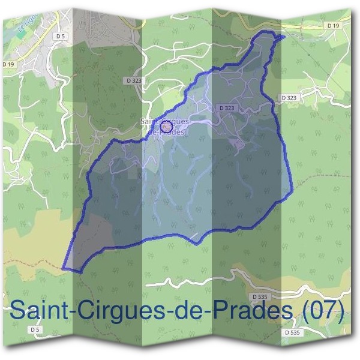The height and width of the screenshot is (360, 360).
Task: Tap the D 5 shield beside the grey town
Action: pos(59,36)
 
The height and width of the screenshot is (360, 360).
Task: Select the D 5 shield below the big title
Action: pos(35,329)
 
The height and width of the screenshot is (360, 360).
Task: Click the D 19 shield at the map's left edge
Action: pos(8,64)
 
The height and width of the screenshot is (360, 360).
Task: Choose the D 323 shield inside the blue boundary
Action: pos(227,108)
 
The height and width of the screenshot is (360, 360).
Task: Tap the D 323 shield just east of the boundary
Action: pos(289,97)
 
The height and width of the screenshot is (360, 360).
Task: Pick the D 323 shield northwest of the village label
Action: pos(134,80)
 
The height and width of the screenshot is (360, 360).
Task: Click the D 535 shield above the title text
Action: pos(260,296)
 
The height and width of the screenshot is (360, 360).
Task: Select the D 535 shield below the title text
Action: pos(292,332)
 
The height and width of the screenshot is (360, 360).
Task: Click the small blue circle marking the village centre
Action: pos(167,127)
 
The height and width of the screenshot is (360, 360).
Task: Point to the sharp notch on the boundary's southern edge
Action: pos(195,242)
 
